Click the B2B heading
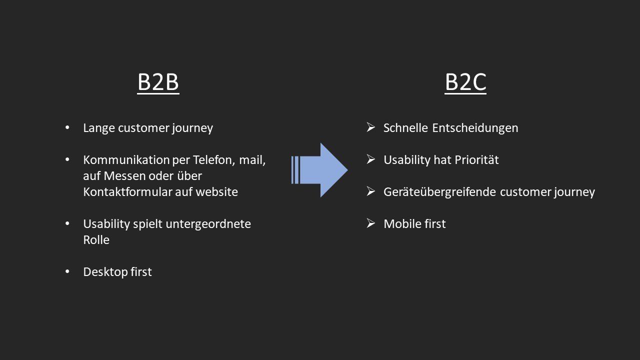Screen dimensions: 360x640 158,83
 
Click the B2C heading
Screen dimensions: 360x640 465,83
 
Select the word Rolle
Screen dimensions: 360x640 96,240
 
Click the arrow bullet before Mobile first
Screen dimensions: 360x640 371,224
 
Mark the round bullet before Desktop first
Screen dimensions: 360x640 68,272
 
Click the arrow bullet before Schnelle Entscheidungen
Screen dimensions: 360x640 371,128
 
